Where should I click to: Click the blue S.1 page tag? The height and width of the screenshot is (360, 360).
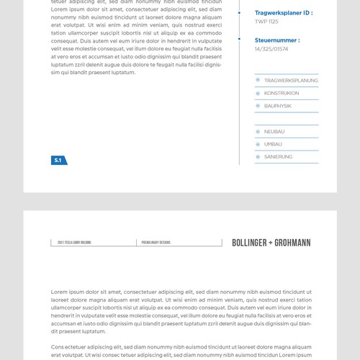click(x=58, y=161)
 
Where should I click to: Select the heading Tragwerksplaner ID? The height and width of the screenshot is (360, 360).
click(x=284, y=13)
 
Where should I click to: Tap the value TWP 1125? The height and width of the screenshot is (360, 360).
click(x=266, y=22)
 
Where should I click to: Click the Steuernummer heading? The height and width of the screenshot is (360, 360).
click(x=277, y=40)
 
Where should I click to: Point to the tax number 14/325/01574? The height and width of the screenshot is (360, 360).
click(x=271, y=49)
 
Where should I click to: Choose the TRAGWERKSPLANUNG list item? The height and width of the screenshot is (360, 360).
click(x=291, y=81)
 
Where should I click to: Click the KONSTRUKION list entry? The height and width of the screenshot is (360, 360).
click(x=282, y=93)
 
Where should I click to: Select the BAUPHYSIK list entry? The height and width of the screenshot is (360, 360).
click(x=278, y=106)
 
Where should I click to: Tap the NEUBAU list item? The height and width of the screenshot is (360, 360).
click(x=274, y=132)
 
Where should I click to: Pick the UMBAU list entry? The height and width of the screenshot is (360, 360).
click(x=273, y=144)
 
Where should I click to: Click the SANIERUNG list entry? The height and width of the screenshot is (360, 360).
click(x=278, y=156)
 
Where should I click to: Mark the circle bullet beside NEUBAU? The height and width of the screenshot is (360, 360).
click(x=258, y=132)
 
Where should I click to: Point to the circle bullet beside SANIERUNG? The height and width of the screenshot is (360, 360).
click(x=258, y=156)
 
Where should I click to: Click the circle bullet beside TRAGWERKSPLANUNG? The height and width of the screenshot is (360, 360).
click(x=258, y=81)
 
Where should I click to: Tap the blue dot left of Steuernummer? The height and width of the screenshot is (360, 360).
click(x=240, y=40)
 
